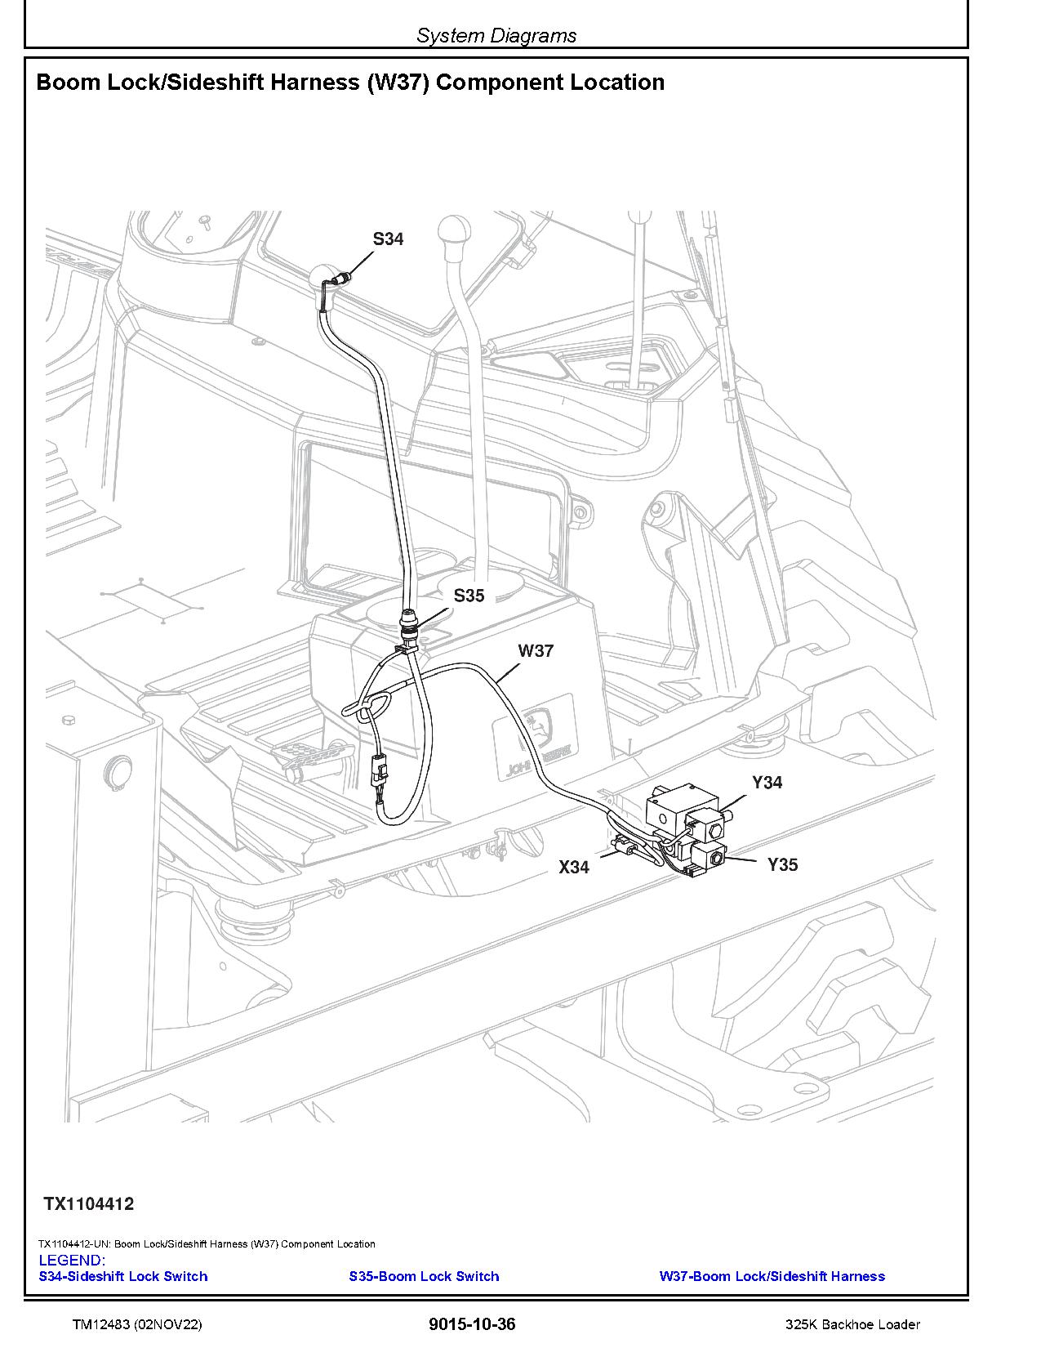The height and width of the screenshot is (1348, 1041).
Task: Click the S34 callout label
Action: [x=388, y=239]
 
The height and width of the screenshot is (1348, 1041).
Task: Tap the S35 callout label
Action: [x=469, y=596]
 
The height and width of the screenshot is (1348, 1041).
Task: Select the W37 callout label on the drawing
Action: [x=536, y=651]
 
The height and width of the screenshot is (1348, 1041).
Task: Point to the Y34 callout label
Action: [x=767, y=783]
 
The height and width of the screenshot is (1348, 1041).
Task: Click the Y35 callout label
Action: [x=782, y=864]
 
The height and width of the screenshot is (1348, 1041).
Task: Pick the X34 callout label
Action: [x=573, y=868]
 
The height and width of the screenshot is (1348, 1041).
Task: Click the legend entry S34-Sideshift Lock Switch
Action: [x=123, y=1276]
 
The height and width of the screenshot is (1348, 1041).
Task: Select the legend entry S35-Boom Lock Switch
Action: [x=424, y=1276]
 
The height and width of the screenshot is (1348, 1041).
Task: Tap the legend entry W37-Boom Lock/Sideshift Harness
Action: [x=772, y=1276]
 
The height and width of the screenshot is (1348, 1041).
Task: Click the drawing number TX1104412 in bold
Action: [x=89, y=1204]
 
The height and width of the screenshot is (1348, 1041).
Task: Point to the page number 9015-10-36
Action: [x=472, y=1324]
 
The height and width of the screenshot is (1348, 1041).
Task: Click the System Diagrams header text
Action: [x=496, y=36]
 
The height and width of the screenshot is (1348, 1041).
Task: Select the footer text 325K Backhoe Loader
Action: [x=852, y=1325]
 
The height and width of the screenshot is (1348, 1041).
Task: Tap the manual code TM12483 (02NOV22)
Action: [x=136, y=1325]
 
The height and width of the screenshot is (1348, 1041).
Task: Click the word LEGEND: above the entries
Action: [x=72, y=1261]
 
